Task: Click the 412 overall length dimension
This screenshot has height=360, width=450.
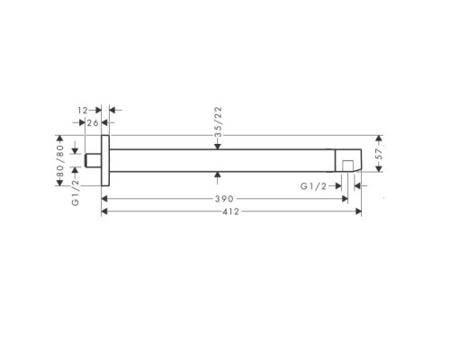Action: (231, 211)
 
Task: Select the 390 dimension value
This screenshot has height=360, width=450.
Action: (224, 199)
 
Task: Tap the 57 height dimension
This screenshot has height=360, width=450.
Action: (380, 154)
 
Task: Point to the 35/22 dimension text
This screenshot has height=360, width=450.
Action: (219, 121)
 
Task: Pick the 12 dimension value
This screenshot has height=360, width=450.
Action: (82, 111)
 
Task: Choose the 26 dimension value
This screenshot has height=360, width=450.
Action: (93, 122)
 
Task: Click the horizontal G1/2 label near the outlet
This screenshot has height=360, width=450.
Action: (313, 186)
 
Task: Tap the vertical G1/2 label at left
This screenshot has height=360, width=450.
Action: (76, 193)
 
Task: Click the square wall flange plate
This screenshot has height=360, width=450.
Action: (105, 161)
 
